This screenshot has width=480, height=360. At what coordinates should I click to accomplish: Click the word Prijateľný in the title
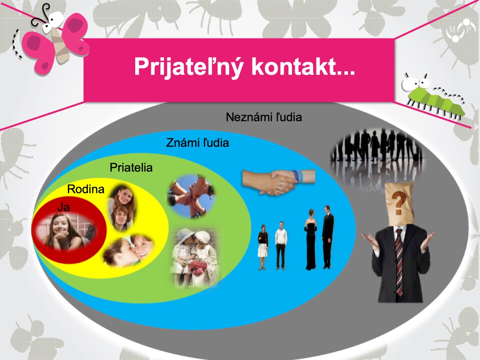(188, 67)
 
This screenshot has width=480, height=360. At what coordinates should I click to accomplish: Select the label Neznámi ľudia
(264, 117)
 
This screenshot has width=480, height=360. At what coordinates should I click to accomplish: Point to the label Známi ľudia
(198, 143)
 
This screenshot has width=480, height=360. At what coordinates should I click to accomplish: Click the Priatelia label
(131, 168)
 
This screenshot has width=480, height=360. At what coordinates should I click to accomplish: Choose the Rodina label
(86, 189)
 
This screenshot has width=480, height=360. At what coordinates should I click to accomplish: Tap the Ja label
(64, 207)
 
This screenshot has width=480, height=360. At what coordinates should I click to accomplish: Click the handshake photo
(278, 182)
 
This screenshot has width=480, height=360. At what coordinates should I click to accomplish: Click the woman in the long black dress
(310, 239)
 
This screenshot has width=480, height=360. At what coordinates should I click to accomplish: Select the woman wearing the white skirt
(263, 247)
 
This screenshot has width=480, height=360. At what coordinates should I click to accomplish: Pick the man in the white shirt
(281, 246)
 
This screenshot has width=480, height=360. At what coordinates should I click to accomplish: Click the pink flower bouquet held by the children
(198, 268)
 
